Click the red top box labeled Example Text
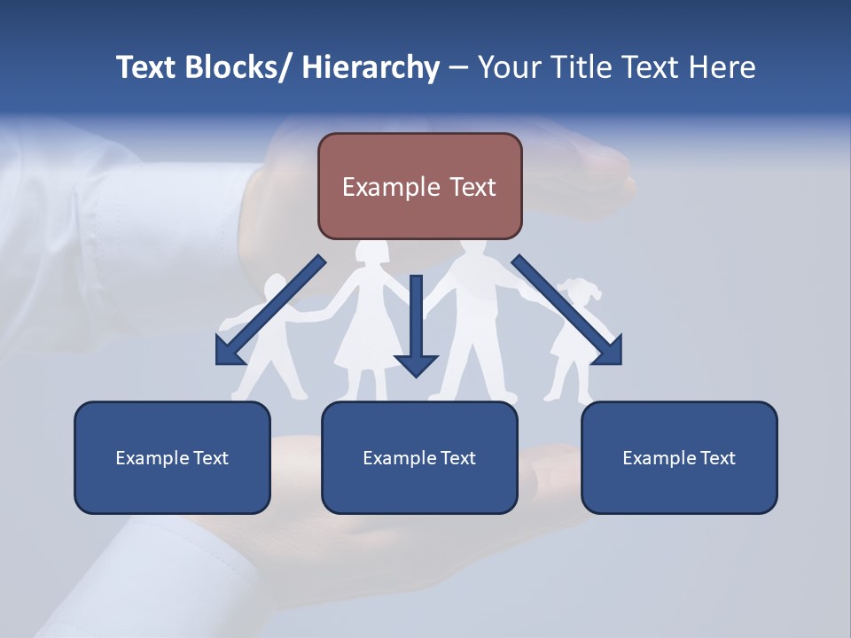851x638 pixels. click(x=419, y=186)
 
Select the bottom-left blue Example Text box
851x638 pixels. click(x=172, y=457)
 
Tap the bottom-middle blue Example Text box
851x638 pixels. click(x=419, y=457)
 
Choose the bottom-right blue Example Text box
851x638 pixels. click(x=679, y=457)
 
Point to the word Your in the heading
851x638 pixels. click(x=508, y=67)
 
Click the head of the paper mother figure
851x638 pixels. click(x=372, y=251)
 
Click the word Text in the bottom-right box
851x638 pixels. click(x=717, y=458)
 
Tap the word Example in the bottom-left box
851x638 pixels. click(x=152, y=458)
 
